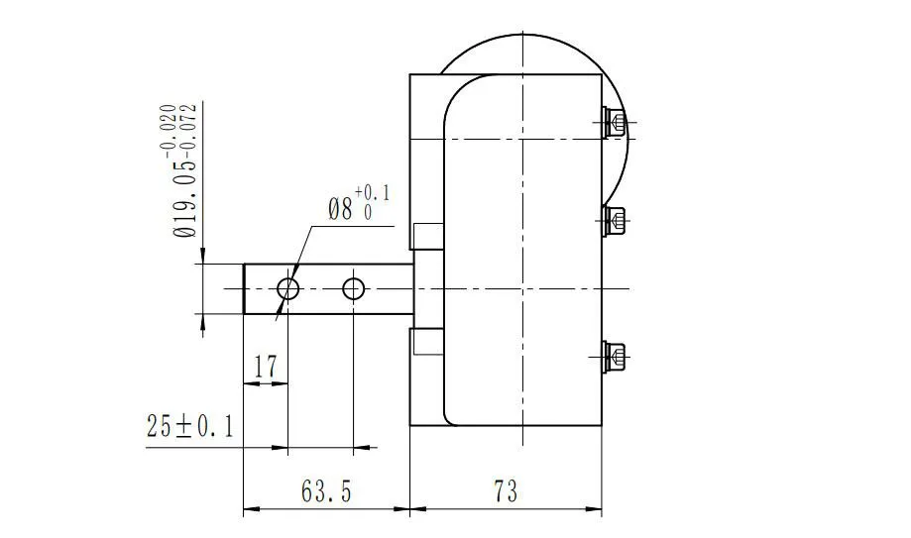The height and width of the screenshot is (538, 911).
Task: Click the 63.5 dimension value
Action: click(324, 491)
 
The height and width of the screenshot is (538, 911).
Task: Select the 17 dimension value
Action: click(265, 368)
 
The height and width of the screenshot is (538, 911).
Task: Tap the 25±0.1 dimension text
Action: click(189, 428)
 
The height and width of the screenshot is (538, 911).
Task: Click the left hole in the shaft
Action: click(288, 288)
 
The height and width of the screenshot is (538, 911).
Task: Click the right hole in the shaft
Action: click(354, 288)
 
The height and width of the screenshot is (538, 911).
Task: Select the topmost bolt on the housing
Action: click(615, 123)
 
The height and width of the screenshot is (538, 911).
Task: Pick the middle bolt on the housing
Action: click(615, 219)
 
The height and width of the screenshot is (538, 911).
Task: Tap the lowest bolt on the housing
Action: click(615, 356)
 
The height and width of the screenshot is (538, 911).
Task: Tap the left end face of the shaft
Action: click(245, 288)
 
